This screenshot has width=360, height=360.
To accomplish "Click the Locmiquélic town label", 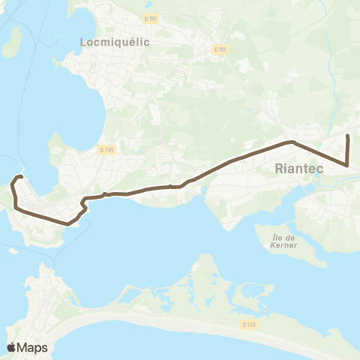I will pyautogui.click(x=115, y=43).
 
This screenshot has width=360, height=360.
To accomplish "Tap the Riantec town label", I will pyautogui.click(x=299, y=169).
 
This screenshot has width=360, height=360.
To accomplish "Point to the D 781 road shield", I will pyautogui.click(x=106, y=149).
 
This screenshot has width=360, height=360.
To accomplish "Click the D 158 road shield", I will pyautogui.click(x=250, y=324).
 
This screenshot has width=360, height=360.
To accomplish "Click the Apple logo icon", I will pyautogui.click(x=12, y=347).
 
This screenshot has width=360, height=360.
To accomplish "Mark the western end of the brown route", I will pyautogui.click(x=20, y=176).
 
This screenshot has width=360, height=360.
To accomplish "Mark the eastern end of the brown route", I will pyautogui.click(x=347, y=136).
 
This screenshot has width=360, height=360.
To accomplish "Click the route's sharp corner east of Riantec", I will pyautogui.click(x=347, y=164).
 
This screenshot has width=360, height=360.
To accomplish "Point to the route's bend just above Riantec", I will pyautogui.click(x=291, y=142).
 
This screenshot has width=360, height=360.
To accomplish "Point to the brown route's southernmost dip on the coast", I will pyautogui.click(x=68, y=223).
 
